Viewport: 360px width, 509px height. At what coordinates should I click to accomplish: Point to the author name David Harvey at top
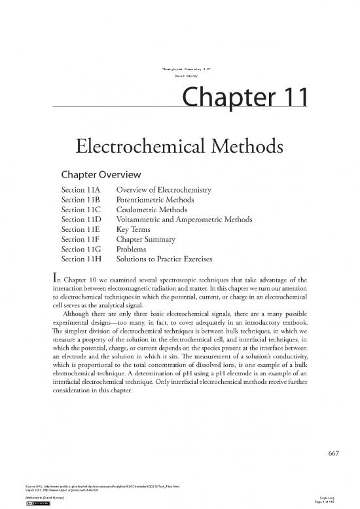coord(179,77)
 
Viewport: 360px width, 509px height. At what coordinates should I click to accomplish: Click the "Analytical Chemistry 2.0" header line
coord(180,68)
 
